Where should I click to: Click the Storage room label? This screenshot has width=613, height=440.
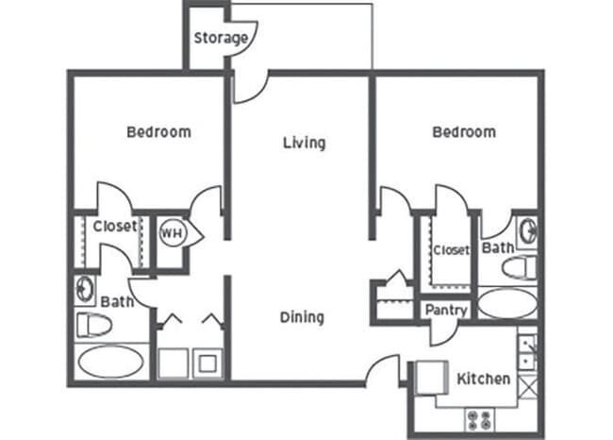[221, 39]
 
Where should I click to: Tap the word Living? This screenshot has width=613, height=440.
[304, 144]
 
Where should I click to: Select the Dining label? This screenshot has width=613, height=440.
[302, 317]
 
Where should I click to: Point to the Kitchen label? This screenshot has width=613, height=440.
[484, 380]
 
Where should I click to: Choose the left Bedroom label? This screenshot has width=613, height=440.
[158, 132]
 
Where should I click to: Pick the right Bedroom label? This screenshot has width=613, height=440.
[464, 132]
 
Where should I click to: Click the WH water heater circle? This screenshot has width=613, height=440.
[171, 232]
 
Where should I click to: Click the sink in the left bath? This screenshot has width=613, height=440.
[86, 287]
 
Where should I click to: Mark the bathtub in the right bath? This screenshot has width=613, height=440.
[508, 303]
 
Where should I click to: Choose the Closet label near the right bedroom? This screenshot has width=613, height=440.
[451, 250]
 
